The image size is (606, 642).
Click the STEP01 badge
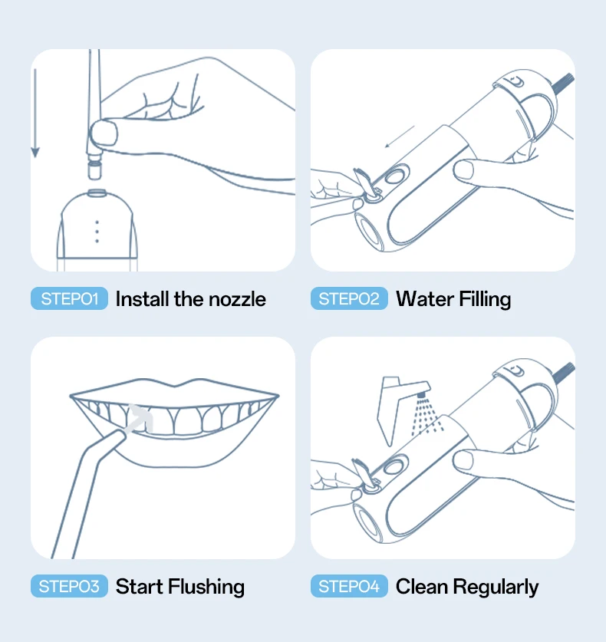point(69,298)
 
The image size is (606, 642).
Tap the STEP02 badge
point(349,298)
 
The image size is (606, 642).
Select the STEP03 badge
point(69,586)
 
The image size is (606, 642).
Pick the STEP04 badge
point(349,586)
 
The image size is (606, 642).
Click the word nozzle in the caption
point(237,299)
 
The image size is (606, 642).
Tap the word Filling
point(485,300)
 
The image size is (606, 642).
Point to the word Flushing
point(206,587)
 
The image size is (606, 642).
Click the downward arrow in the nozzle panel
point(35,113)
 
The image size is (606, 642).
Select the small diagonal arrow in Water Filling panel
point(400,137)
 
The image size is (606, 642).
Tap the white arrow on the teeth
point(138,419)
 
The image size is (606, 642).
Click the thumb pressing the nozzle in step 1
point(104,133)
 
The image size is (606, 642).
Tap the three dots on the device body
point(97,232)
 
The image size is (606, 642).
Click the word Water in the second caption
point(425,299)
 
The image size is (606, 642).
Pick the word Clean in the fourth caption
point(422,586)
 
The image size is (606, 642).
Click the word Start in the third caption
point(139,586)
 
